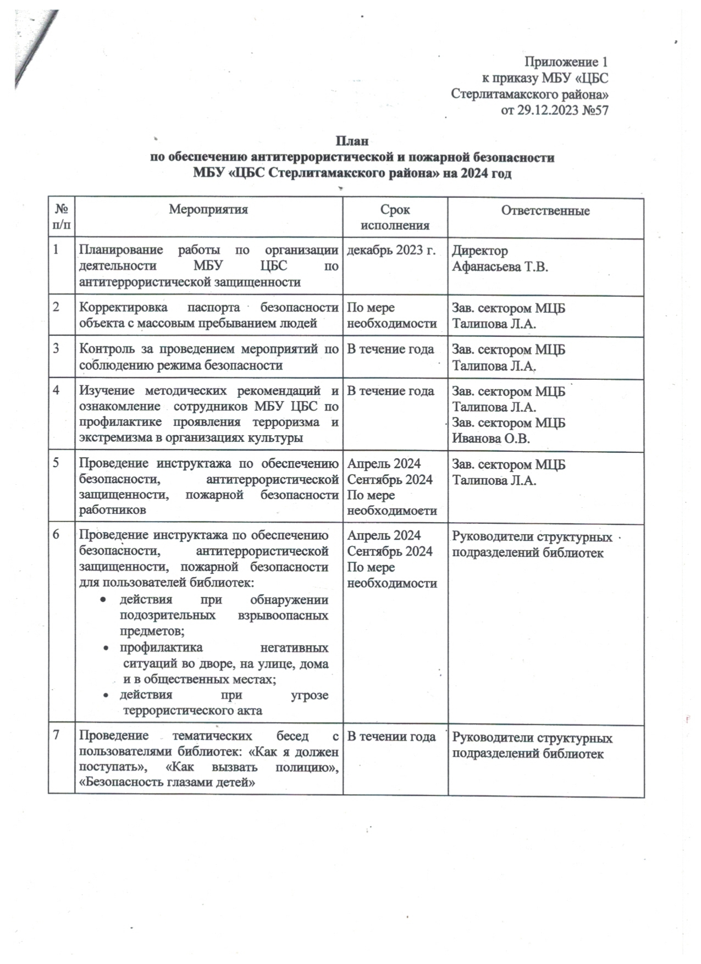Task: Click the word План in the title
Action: pyautogui.click(x=352, y=141)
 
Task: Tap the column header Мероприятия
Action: pyautogui.click(x=208, y=209)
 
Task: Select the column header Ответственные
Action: pyautogui.click(x=545, y=211)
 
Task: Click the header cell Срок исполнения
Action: pyautogui.click(x=395, y=218)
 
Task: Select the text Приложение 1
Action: pyautogui.click(x=566, y=62)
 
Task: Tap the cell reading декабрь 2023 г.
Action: pyautogui.click(x=391, y=251)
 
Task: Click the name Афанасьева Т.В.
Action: pyautogui.click(x=500, y=267)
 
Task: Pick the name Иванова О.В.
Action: pyautogui.click(x=491, y=439)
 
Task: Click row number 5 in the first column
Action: pyautogui.click(x=57, y=463)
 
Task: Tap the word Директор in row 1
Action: pyautogui.click(x=479, y=251)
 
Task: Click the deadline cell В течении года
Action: pyautogui.click(x=391, y=736)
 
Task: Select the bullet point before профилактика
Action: pyautogui.click(x=106, y=649)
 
